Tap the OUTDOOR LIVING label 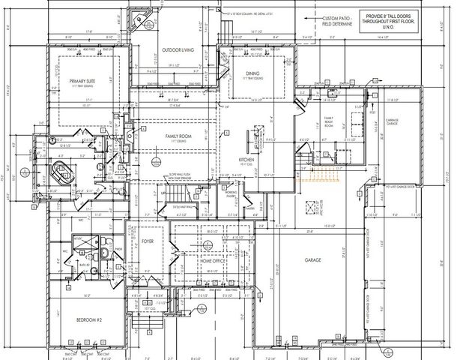tap(178, 51)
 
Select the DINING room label tap(252, 73)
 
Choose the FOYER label tap(148, 241)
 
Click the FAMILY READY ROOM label tap(328, 121)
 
